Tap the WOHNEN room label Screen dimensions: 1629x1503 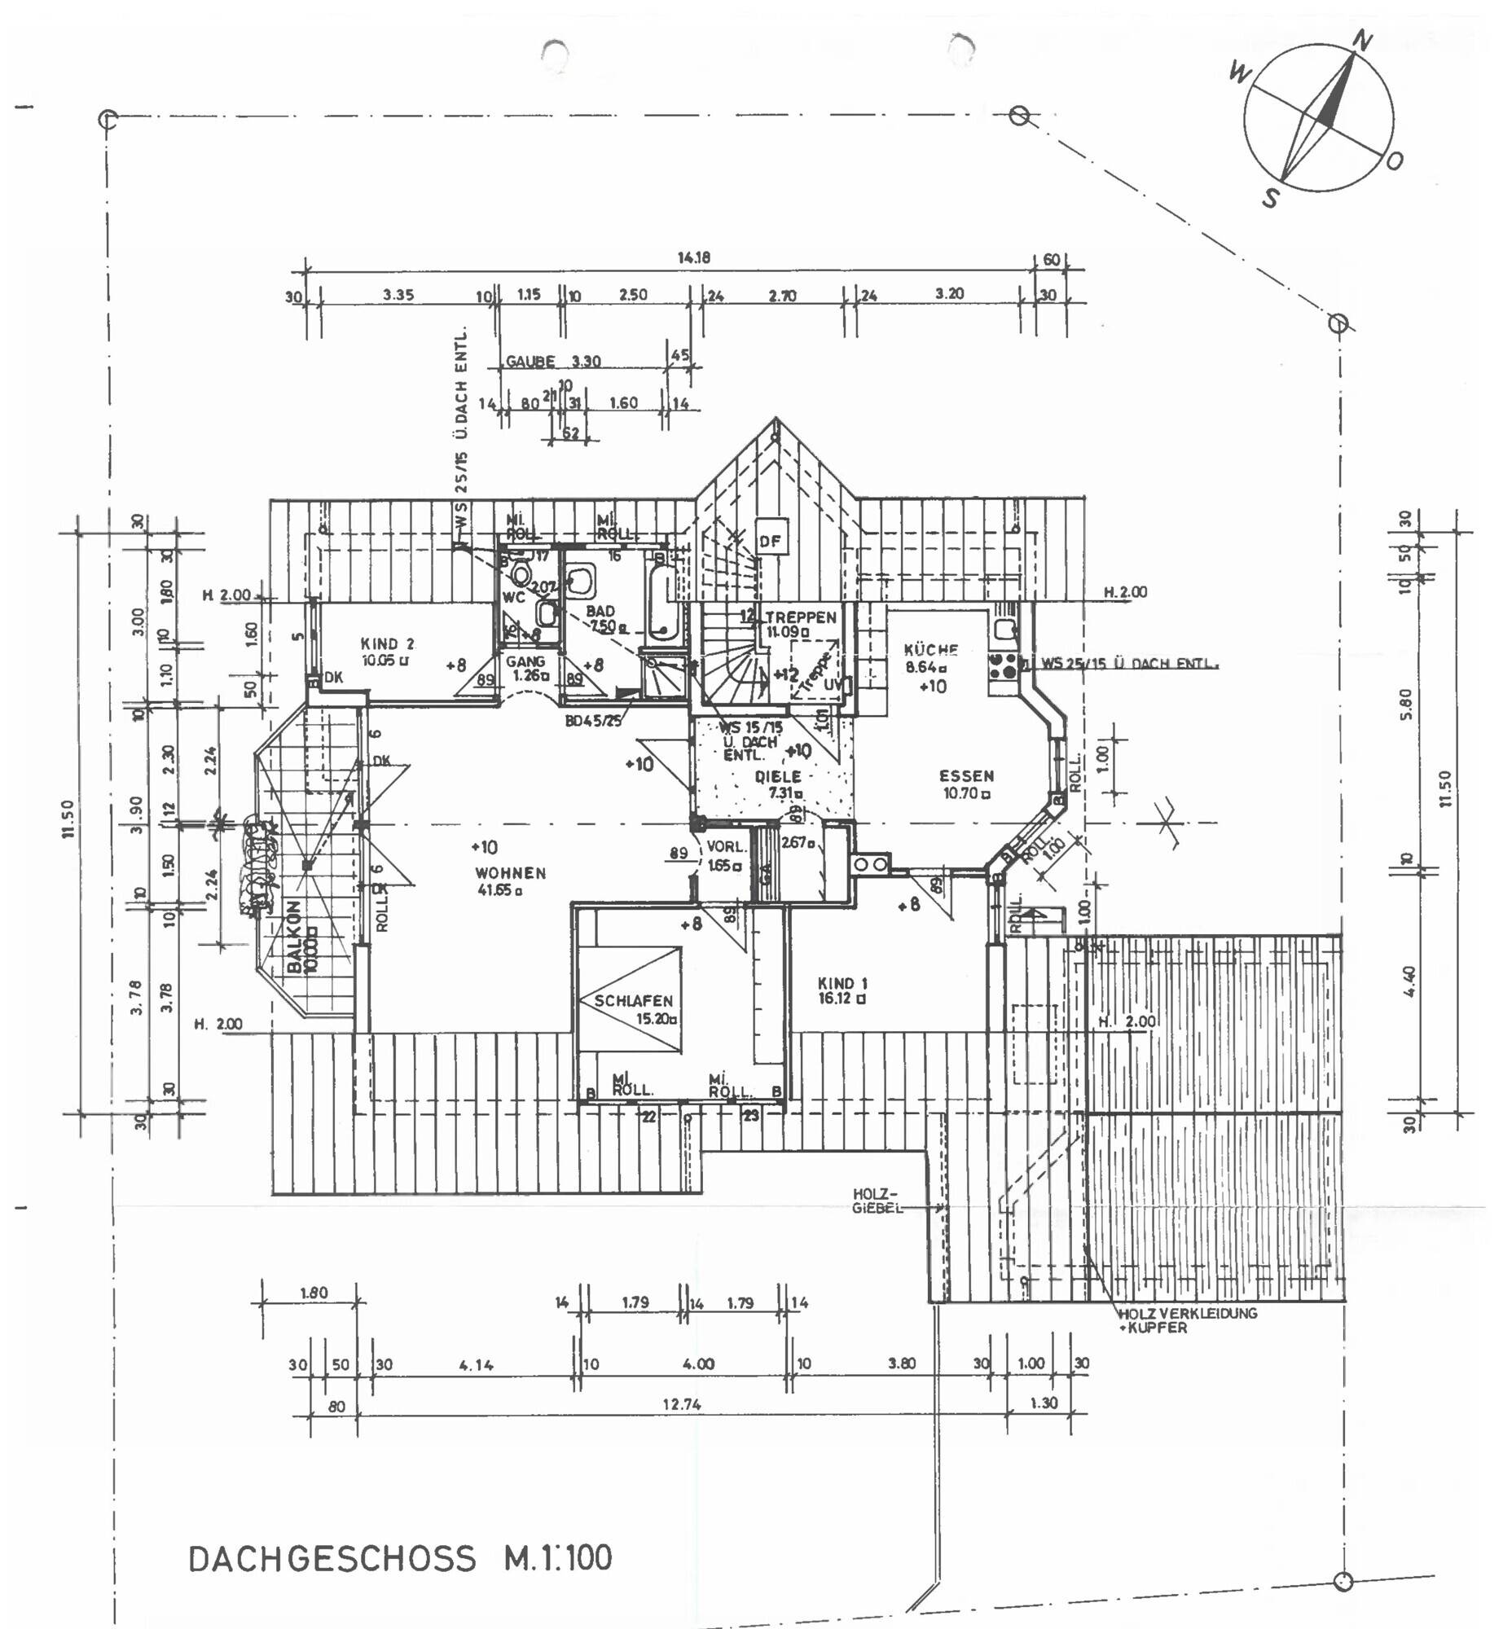coord(511,872)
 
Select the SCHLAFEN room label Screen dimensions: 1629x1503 coord(633,1000)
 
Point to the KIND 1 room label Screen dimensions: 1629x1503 coord(842,983)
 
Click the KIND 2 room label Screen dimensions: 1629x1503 coord(387,643)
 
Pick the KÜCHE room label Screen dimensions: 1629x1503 coord(930,649)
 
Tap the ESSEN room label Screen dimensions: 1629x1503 coord(966,775)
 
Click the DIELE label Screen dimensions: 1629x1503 coord(778,776)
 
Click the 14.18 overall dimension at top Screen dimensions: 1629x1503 coord(694,257)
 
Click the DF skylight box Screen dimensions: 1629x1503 coord(770,540)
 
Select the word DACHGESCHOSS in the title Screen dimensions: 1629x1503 coord(332,1558)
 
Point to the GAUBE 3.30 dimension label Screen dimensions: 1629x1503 coord(552,361)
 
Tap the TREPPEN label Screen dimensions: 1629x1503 coord(800,617)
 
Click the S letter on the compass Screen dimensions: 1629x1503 coord(1269,197)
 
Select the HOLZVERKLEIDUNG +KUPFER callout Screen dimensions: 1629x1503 coord(1187,1319)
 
